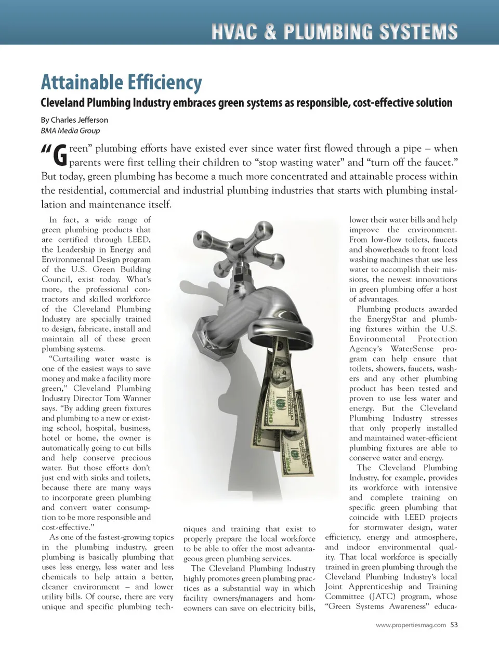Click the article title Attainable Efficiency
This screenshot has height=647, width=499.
tap(121, 83)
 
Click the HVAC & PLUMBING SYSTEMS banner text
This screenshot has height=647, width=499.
tap(334, 32)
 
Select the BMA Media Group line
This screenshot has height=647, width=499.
tap(70, 131)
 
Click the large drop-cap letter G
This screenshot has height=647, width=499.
tap(60, 155)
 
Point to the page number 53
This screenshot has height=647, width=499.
tap(454, 625)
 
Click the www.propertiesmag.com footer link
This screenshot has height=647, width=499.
tap(411, 625)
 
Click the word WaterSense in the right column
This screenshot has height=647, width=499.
tap(412, 349)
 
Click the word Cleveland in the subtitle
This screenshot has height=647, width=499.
tap(62, 103)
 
